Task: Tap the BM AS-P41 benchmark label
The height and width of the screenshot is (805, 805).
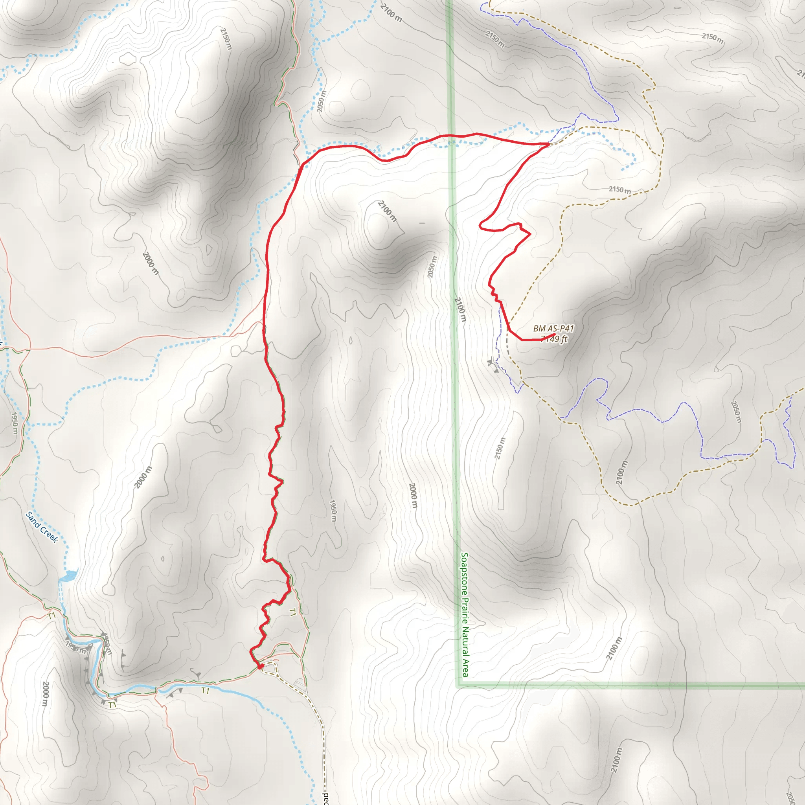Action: [x=553, y=329]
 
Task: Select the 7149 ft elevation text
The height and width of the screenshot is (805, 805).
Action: [x=554, y=339]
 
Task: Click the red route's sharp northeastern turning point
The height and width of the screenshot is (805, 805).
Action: [x=549, y=144]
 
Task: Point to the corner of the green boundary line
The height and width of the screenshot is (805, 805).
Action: [x=458, y=686]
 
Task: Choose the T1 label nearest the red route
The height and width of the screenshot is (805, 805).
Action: [x=292, y=612]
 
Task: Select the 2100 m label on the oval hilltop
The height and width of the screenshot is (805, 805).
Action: [x=387, y=211]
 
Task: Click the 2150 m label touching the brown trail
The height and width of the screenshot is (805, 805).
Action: [x=619, y=189]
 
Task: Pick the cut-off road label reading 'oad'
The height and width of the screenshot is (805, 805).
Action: [x=326, y=798]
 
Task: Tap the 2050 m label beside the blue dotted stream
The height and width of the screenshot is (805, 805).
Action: [x=322, y=101]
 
